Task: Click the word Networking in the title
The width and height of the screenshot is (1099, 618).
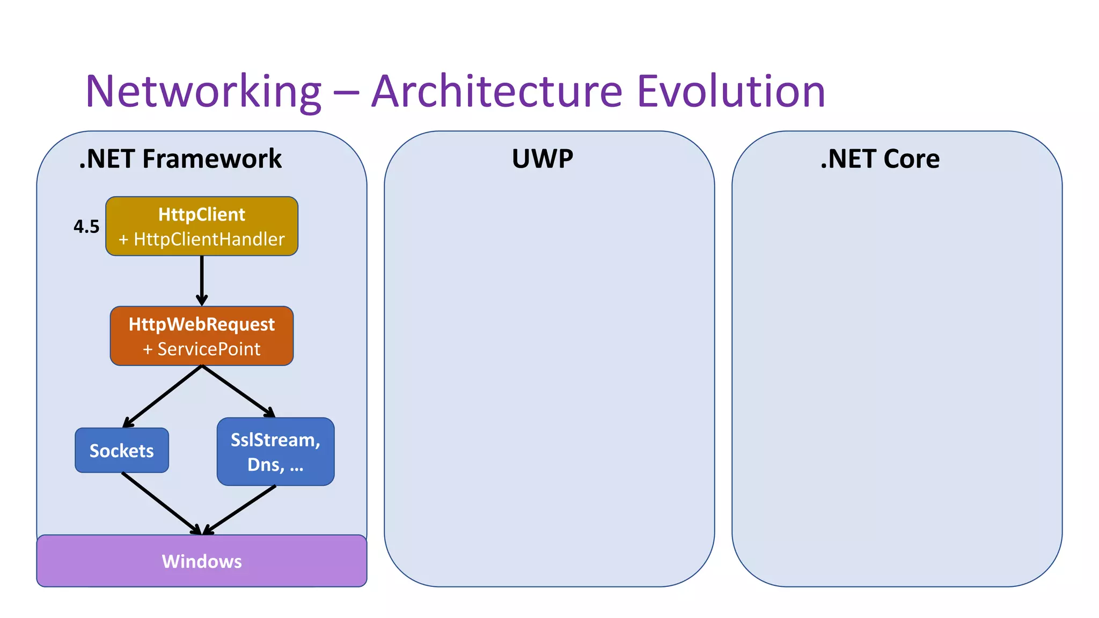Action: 203,92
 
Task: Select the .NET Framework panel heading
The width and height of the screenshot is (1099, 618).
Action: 180,159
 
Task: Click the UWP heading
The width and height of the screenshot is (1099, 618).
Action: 542,159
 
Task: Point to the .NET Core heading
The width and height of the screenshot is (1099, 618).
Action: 880,159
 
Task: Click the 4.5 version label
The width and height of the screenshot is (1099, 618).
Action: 86,226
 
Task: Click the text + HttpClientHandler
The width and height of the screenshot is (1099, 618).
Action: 202,239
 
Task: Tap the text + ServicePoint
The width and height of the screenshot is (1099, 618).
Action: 202,349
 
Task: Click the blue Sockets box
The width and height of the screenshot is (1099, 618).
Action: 122,451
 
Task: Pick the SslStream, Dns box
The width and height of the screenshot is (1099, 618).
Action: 275,452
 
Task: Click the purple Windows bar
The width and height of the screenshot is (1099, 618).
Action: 202,561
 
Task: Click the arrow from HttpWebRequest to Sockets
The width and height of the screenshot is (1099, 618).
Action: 163,396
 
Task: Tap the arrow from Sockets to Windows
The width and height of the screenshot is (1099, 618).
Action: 161,503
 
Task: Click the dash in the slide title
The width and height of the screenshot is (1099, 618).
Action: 346,92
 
